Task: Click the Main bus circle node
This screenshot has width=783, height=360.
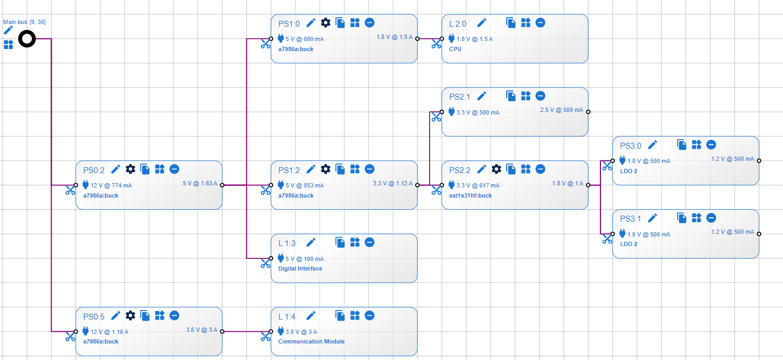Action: pos(27,39)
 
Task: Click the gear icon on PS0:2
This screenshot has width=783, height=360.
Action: pos(130,169)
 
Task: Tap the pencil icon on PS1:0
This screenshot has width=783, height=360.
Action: pos(311,23)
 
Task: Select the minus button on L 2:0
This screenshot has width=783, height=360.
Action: pos(540,22)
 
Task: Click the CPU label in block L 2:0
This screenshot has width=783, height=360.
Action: pos(455,49)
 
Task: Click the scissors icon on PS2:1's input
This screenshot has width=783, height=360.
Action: pos(436,117)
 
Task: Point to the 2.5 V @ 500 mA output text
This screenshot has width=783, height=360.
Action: pos(562,110)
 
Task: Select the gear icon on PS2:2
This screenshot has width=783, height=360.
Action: pos(496,169)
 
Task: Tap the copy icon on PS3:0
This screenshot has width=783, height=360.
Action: pos(682,144)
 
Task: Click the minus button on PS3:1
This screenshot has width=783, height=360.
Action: pos(711,218)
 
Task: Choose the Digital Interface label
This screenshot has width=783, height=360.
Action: pos(300,268)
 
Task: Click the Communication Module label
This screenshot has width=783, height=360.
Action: pos(311,341)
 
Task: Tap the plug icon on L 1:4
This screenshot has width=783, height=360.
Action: pos(281,331)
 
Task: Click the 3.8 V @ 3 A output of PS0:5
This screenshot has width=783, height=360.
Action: pos(201,330)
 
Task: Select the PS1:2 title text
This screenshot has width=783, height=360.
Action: pos(289,170)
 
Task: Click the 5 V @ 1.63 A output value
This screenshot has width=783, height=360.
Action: pos(200,184)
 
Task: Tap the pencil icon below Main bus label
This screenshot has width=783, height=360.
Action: pos(8,30)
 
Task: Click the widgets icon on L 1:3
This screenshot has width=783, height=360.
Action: pos(355,242)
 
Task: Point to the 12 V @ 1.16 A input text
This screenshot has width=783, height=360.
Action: pos(110,332)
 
